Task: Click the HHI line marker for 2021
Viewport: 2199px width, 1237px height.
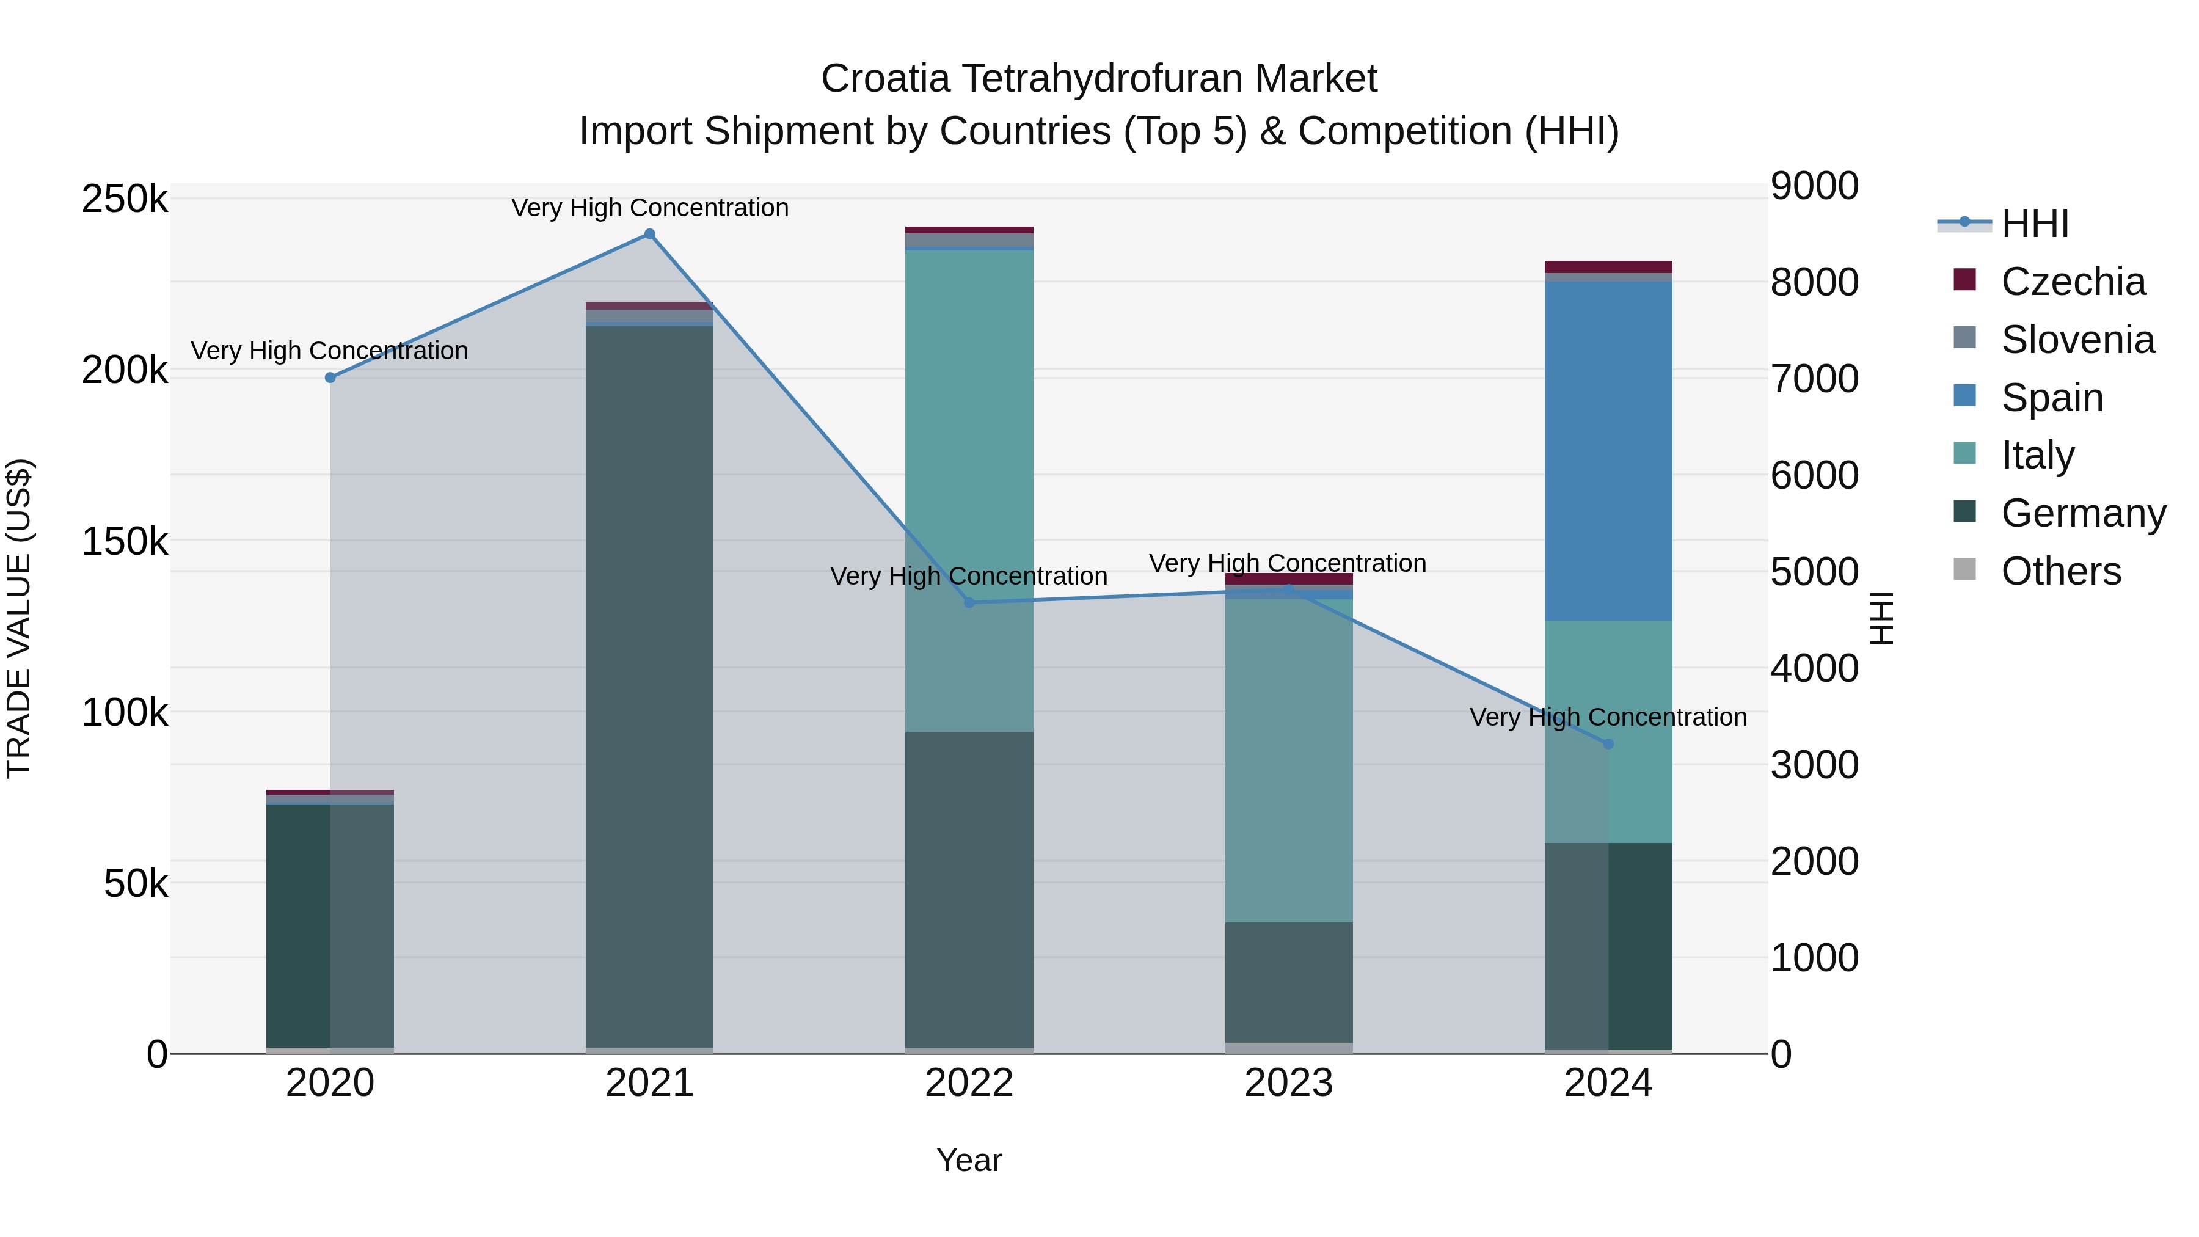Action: coord(650,234)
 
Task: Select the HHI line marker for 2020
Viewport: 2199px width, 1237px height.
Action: coord(330,378)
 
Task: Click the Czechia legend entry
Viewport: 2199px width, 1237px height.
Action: coord(2073,282)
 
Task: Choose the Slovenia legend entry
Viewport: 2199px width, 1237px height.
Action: coord(2077,340)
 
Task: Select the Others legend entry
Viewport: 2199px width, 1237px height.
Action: coord(2061,571)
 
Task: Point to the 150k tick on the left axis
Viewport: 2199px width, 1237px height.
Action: coord(125,541)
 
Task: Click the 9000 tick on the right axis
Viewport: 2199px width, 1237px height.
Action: coord(1814,186)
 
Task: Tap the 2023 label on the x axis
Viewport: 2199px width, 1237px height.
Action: coord(1289,1083)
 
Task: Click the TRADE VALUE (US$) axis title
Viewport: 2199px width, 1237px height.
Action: coord(19,618)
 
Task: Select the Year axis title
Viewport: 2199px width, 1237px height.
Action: coord(969,1160)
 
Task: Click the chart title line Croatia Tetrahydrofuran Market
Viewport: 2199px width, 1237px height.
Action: coord(1099,79)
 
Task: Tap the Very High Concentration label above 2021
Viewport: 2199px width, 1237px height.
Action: coord(650,208)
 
